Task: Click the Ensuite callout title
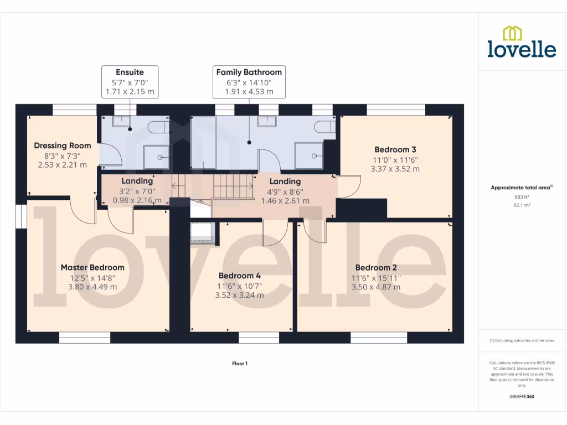[x=130, y=72]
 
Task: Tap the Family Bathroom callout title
[x=249, y=72]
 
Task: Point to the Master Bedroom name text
[x=92, y=267]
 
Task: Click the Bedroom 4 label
[x=239, y=276]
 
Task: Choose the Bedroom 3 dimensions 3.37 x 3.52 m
[x=395, y=169]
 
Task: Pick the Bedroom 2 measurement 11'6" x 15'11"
[x=376, y=278]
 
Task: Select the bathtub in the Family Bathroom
[x=203, y=142]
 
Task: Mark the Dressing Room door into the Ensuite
[x=107, y=154]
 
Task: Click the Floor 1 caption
[x=239, y=364]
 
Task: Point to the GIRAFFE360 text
[x=522, y=396]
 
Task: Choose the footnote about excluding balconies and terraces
[x=522, y=340]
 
